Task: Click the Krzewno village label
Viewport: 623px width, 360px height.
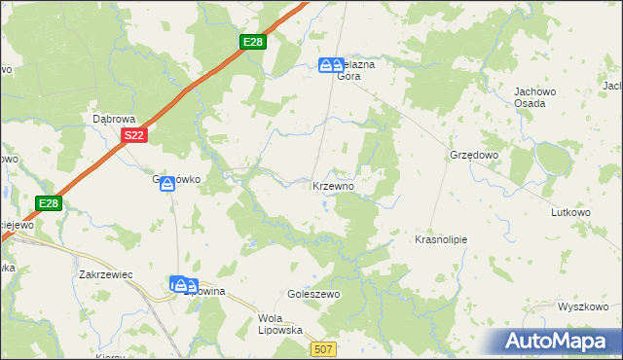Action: coord(339,185)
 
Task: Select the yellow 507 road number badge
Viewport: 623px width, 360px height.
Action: coord(324,348)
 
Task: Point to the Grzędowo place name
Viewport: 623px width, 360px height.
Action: coord(474,155)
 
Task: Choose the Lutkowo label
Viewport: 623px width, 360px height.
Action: coord(571,211)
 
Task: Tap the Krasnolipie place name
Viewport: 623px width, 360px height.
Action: coord(442,238)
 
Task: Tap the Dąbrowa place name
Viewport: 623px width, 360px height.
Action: coord(112,118)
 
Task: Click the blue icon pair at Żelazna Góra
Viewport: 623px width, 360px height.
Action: coord(330,65)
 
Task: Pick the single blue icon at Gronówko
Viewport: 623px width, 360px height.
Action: coord(166,183)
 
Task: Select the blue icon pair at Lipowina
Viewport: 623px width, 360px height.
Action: coord(180,285)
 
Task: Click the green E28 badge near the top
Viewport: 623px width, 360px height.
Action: coord(253,42)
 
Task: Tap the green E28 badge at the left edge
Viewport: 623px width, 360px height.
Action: coord(50,203)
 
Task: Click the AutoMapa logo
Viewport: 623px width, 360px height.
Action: coord(558,342)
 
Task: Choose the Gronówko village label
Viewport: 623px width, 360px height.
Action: coord(180,179)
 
